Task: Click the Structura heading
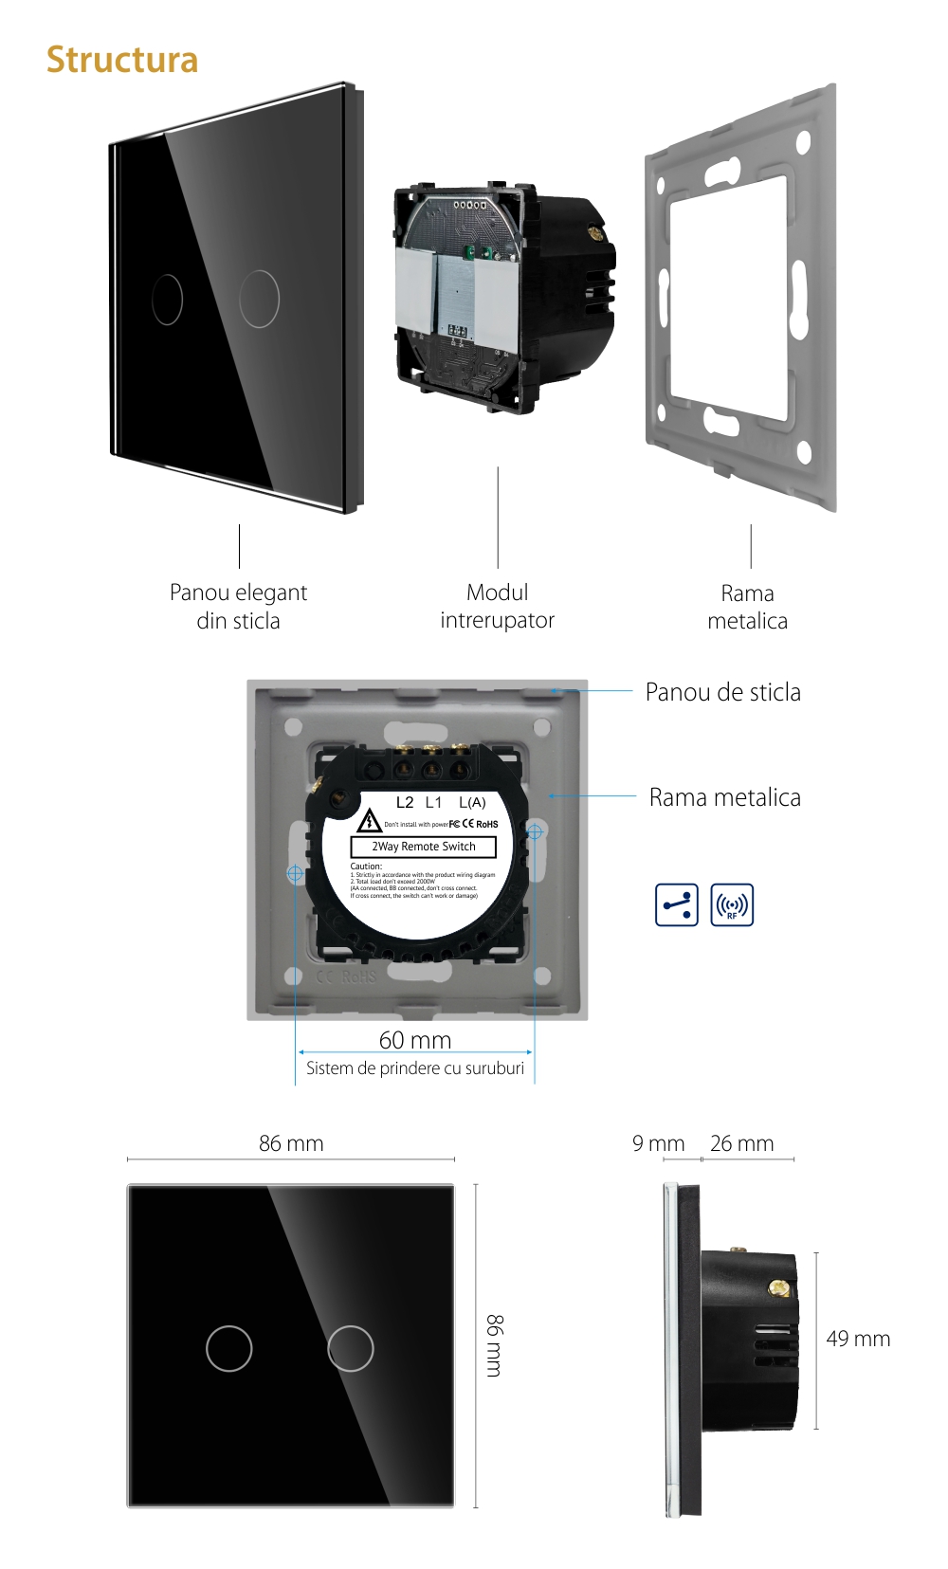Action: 122,60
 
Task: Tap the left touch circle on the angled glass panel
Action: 167,300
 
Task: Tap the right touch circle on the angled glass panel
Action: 259,299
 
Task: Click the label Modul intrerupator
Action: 497,607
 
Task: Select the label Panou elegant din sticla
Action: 238,607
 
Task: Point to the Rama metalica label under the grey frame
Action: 747,607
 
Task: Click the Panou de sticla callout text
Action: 722,692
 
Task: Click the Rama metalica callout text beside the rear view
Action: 724,797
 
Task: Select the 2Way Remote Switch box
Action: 424,847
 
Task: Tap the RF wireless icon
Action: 732,904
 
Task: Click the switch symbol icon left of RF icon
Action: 677,904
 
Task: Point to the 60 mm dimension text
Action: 415,1040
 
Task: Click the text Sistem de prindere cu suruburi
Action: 415,1068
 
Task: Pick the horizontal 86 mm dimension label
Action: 291,1143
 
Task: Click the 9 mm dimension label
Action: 658,1143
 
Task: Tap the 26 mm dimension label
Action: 741,1143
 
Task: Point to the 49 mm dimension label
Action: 858,1339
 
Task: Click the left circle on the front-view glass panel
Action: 229,1348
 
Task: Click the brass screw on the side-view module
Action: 778,1287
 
